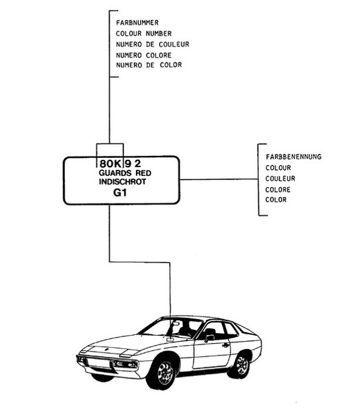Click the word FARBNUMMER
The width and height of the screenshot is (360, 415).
(x=137, y=22)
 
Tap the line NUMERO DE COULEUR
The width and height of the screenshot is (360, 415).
(x=153, y=44)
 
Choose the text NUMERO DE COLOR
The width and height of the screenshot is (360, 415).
(x=149, y=65)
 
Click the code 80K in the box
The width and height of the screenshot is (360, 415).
(x=109, y=163)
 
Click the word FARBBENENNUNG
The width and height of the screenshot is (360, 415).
(x=293, y=157)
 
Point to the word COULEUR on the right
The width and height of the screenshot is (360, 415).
(x=280, y=178)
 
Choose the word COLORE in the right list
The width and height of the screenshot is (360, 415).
(x=278, y=190)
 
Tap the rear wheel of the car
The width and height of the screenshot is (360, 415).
(x=242, y=363)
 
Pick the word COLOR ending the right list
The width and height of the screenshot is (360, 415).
(x=276, y=200)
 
